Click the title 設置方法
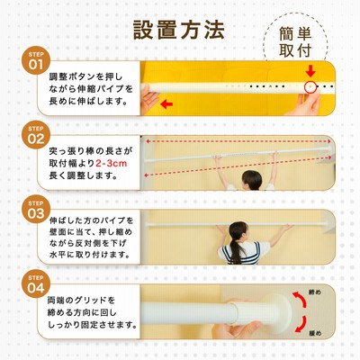coord(179,30)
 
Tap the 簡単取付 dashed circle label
coord(295,42)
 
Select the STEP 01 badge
coord(36,60)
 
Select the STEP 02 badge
coord(36,135)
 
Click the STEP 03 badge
coord(36,209)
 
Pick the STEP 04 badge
coord(36,283)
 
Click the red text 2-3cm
coord(111,164)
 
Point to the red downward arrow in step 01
coord(311,71)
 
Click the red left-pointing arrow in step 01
coord(166,104)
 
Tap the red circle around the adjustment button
coord(310,87)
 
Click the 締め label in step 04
coord(315,292)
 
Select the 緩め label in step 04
coord(315,333)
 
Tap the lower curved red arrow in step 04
coord(301,325)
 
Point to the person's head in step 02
coord(252,180)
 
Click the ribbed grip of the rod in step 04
coord(248,313)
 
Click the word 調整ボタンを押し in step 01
coord(85,76)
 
